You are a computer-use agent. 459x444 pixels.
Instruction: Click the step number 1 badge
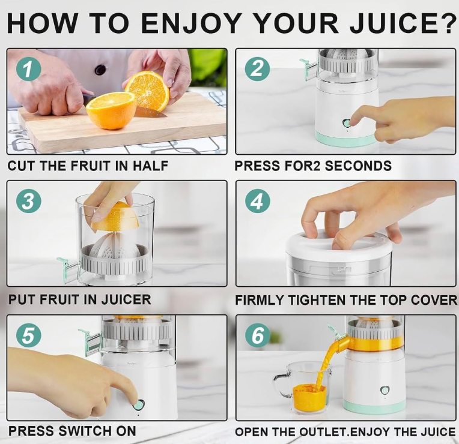click(28, 69)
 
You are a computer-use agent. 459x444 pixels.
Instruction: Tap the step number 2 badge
click(257, 69)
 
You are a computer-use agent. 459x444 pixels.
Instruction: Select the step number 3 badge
click(28, 202)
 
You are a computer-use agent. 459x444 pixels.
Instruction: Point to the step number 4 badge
click(257, 201)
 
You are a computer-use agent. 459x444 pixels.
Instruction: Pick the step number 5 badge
click(28, 335)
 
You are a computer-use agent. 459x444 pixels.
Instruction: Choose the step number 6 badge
click(257, 335)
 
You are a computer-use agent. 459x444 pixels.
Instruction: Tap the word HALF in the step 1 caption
click(151, 166)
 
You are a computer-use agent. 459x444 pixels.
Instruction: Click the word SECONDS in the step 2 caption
click(358, 166)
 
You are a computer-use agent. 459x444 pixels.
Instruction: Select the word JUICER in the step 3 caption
click(126, 299)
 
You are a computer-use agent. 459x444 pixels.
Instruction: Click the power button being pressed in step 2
click(347, 123)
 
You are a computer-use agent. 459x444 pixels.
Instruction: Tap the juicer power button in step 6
click(385, 390)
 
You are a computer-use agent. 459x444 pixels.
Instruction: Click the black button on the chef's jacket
click(100, 70)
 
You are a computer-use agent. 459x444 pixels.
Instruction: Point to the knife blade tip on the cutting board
click(166, 115)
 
